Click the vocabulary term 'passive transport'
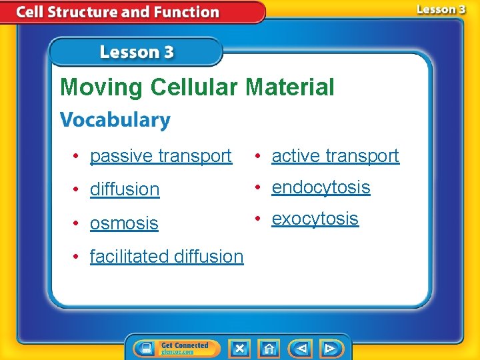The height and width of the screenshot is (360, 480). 161,156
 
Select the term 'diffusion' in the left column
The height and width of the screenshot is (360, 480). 125,189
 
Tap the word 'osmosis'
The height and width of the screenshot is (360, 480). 124,223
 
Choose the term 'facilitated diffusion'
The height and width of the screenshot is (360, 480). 167,256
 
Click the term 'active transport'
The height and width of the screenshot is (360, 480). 335,156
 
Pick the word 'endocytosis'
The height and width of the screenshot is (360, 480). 321,187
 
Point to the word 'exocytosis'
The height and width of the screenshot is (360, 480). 315,219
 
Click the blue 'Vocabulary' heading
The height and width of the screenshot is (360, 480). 115,121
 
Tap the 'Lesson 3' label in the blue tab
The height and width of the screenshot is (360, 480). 137,53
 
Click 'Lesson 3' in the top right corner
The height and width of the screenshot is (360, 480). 441,9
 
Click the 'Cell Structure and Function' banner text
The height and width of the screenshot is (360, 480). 117,12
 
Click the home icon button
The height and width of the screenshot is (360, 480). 269,348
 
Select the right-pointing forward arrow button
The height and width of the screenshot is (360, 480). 330,348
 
